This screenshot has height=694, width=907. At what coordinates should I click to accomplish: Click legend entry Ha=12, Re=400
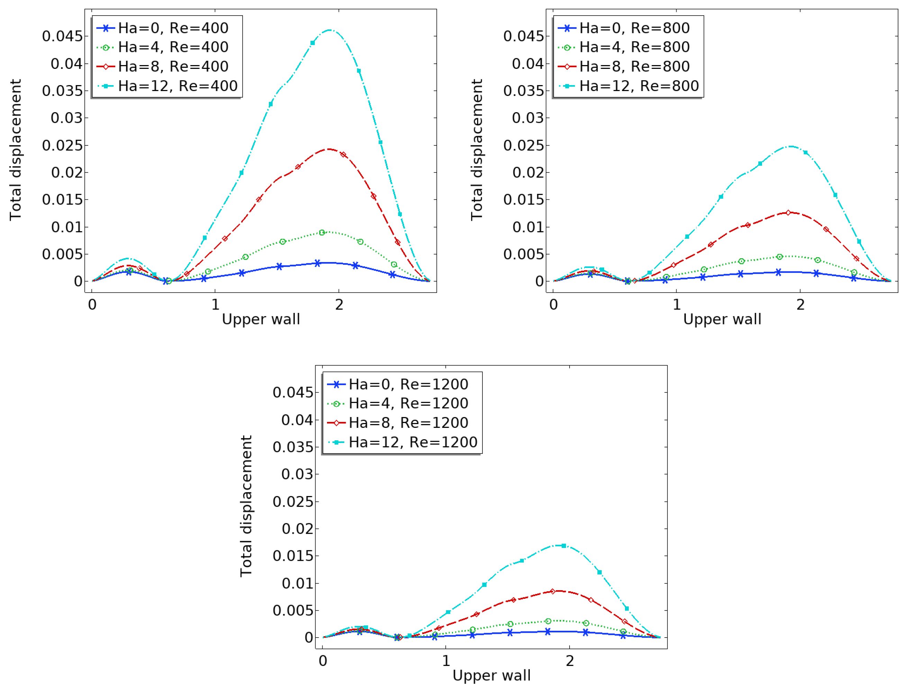[x=178, y=86]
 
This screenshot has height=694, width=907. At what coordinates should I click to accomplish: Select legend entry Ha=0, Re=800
[x=634, y=28]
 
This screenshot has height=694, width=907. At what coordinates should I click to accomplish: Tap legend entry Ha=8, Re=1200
[x=408, y=423]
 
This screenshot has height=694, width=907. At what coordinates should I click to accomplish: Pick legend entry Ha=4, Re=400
[x=173, y=47]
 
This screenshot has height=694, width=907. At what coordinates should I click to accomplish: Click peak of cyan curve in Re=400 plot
[x=329, y=30]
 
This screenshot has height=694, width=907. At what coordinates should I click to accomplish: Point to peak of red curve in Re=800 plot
[x=788, y=212]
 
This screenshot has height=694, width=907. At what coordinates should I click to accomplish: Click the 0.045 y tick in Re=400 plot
[x=62, y=36]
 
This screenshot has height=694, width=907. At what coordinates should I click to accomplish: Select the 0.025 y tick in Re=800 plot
[x=523, y=145]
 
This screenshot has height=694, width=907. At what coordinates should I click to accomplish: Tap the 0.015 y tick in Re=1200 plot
[x=293, y=556]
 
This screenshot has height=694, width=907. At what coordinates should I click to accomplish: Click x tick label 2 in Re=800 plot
[x=800, y=305]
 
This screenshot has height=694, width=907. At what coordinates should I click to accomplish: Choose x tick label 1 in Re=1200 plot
[x=446, y=661]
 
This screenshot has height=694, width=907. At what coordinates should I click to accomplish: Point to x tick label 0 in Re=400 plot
[x=92, y=305]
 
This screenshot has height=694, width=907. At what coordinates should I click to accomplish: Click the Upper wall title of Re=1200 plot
[x=491, y=675]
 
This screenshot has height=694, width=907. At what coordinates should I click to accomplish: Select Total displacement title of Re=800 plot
[x=477, y=150]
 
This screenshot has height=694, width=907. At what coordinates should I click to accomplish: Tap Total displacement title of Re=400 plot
[x=16, y=150]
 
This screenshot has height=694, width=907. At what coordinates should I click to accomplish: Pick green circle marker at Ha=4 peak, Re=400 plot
[x=322, y=233]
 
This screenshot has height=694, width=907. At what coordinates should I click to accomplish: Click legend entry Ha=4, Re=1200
[x=408, y=403]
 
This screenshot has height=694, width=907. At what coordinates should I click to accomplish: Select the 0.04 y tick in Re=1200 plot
[x=297, y=420]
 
